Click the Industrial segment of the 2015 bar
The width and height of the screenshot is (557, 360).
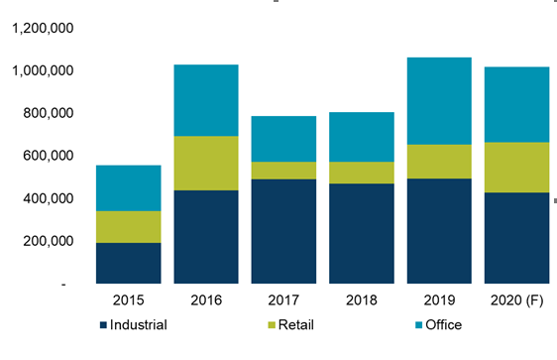[128, 263]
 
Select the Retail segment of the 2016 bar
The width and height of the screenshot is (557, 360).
[206, 164]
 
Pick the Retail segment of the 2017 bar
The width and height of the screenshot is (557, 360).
[283, 171]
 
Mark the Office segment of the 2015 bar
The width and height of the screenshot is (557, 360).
[128, 188]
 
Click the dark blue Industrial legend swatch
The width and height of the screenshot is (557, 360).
[103, 324]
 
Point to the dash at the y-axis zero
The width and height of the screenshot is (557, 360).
[64, 284]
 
